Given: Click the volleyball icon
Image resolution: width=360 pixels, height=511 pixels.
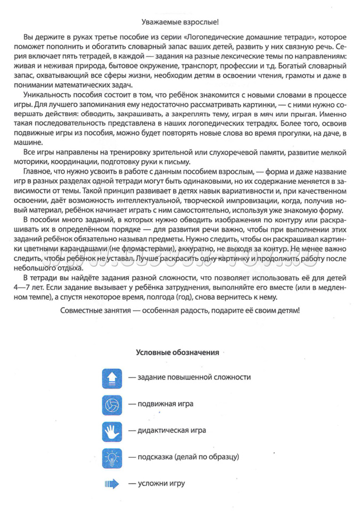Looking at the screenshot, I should [112, 405].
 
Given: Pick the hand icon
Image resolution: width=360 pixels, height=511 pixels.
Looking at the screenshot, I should [112, 431].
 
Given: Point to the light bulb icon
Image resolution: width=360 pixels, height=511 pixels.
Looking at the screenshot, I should [112, 457].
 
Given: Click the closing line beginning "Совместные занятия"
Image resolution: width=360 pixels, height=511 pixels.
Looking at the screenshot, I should [181, 310].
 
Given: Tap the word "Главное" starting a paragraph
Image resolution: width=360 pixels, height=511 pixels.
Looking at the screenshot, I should [37, 172].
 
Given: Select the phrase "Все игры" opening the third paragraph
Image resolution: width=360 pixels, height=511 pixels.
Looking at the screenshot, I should [38, 153].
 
